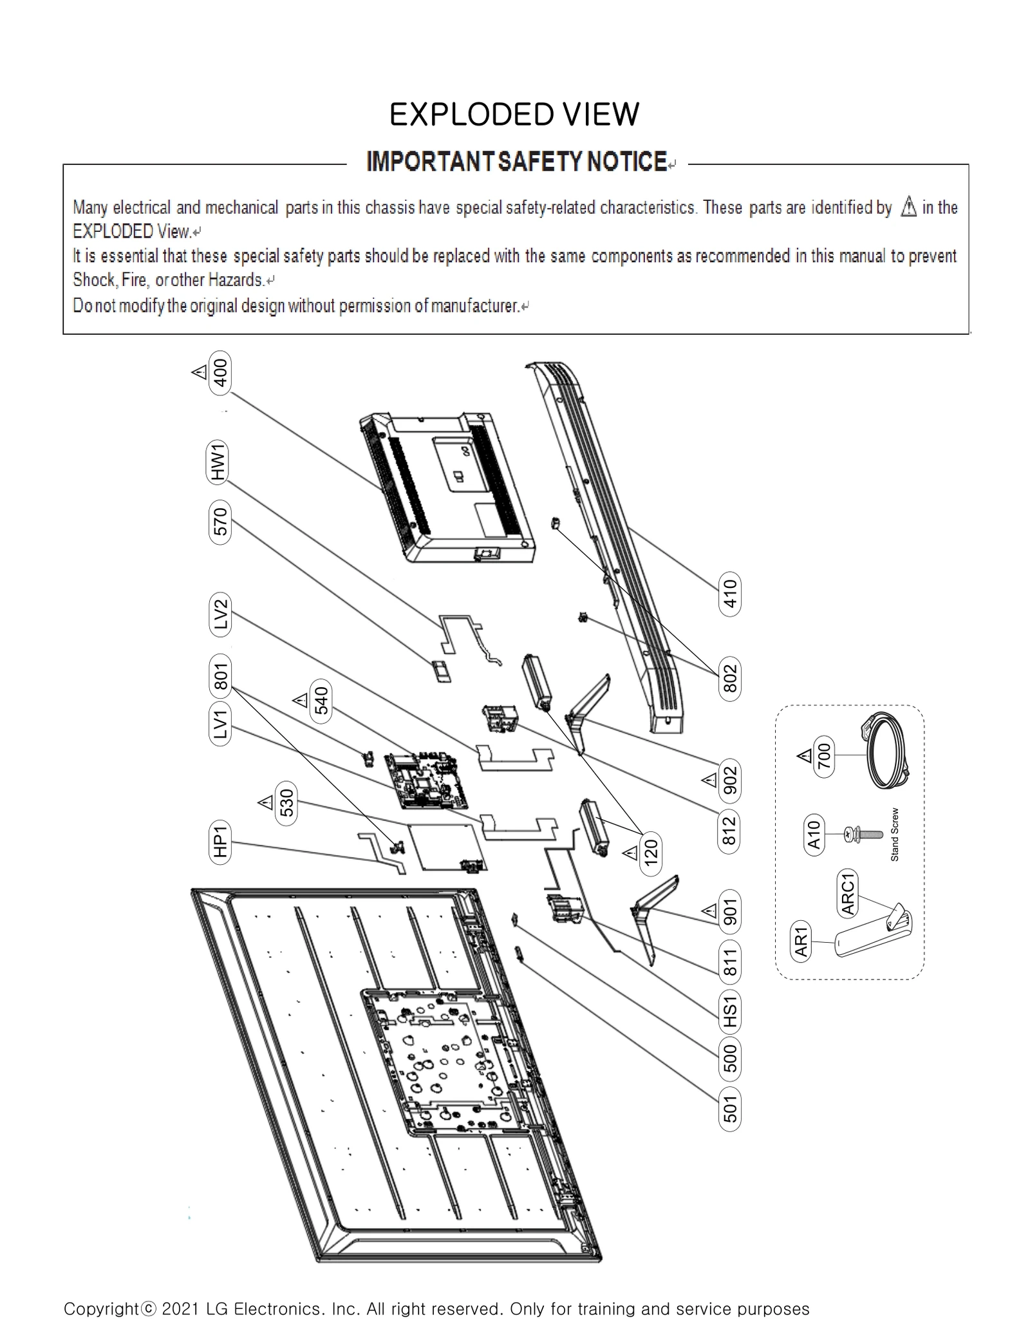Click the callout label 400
click(x=220, y=373)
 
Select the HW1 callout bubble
click(x=218, y=462)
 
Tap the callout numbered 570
click(x=220, y=522)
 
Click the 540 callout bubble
click(x=321, y=701)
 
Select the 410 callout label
click(x=729, y=593)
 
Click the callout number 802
click(x=729, y=679)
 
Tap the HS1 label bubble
click(x=729, y=1012)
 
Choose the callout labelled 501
click(x=729, y=1109)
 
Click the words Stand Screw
click(x=894, y=835)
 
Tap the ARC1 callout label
click(x=848, y=893)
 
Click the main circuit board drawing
click(x=426, y=780)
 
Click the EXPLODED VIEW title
click(x=514, y=115)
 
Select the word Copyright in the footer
click(x=101, y=1309)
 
